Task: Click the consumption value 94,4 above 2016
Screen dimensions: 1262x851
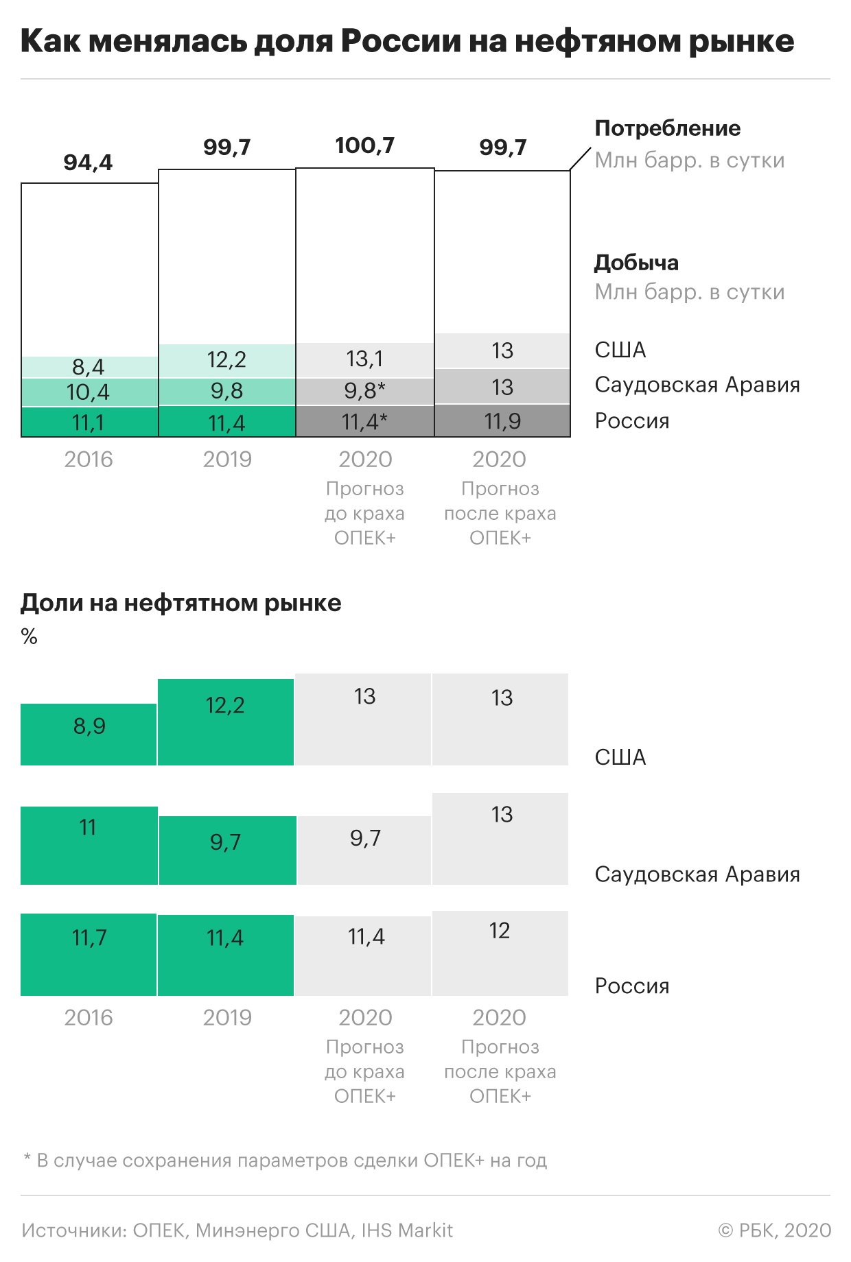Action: [88, 163]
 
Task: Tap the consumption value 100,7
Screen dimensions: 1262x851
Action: [364, 145]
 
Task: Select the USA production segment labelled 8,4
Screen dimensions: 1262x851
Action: [89, 367]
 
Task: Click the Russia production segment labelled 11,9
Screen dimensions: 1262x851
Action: [502, 421]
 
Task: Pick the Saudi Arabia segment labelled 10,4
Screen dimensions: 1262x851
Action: [89, 392]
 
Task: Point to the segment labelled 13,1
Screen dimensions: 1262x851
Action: [364, 359]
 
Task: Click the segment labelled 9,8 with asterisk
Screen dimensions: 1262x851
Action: [364, 391]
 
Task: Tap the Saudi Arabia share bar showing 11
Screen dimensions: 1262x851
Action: [89, 845]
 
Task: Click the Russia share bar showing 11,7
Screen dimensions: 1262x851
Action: [89, 954]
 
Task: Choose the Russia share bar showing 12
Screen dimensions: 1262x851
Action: [500, 953]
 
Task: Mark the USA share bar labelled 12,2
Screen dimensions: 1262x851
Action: [226, 722]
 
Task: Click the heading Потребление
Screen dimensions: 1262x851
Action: [667, 128]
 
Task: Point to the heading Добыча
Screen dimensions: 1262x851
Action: [636, 263]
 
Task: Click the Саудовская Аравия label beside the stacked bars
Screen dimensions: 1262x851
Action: [697, 385]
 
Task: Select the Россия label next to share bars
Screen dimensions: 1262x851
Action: [631, 986]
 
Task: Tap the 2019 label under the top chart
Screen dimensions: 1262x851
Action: [227, 460]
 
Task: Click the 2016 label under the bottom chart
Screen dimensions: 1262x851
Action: [89, 1018]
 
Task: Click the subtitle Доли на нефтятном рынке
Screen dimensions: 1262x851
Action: [180, 603]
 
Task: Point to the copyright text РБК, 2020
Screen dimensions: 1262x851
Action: [775, 1230]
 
